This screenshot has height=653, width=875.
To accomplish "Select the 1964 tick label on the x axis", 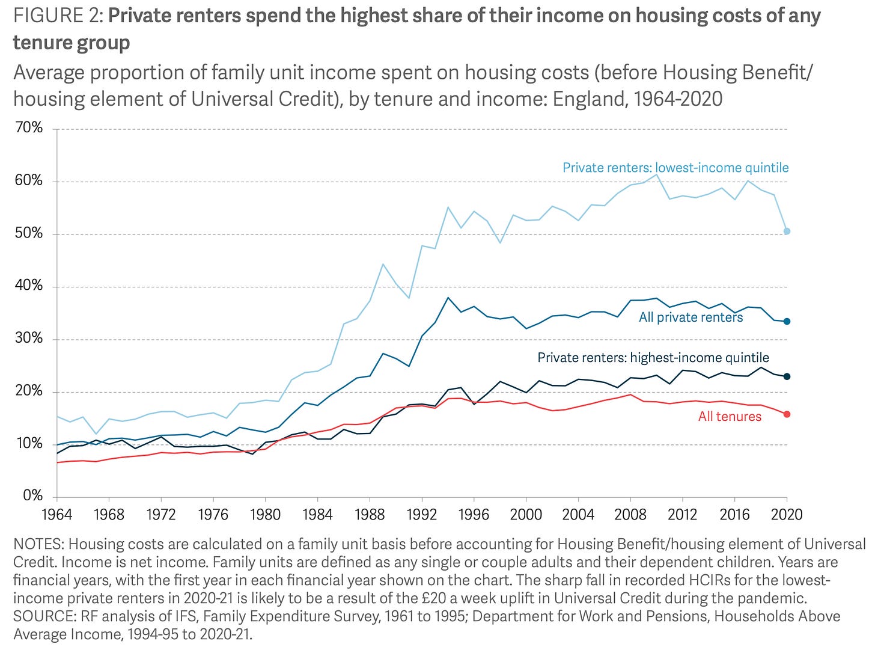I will click(56, 515).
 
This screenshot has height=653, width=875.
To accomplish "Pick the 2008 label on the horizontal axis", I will click(630, 515).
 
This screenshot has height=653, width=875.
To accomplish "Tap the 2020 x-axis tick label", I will click(787, 515).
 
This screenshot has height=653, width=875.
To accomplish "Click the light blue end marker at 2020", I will click(787, 231).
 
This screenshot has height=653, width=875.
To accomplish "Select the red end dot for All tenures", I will click(787, 414).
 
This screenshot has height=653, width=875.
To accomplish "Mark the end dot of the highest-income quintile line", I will click(787, 376).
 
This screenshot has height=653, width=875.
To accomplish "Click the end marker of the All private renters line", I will click(787, 321).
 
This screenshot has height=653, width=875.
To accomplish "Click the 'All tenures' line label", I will click(730, 417).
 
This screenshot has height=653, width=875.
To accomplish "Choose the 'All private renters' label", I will click(691, 317).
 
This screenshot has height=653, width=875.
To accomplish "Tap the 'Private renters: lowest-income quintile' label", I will click(675, 168).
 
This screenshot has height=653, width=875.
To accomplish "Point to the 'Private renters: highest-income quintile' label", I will click(653, 358).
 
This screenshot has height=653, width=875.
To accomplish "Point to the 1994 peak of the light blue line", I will click(448, 207).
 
